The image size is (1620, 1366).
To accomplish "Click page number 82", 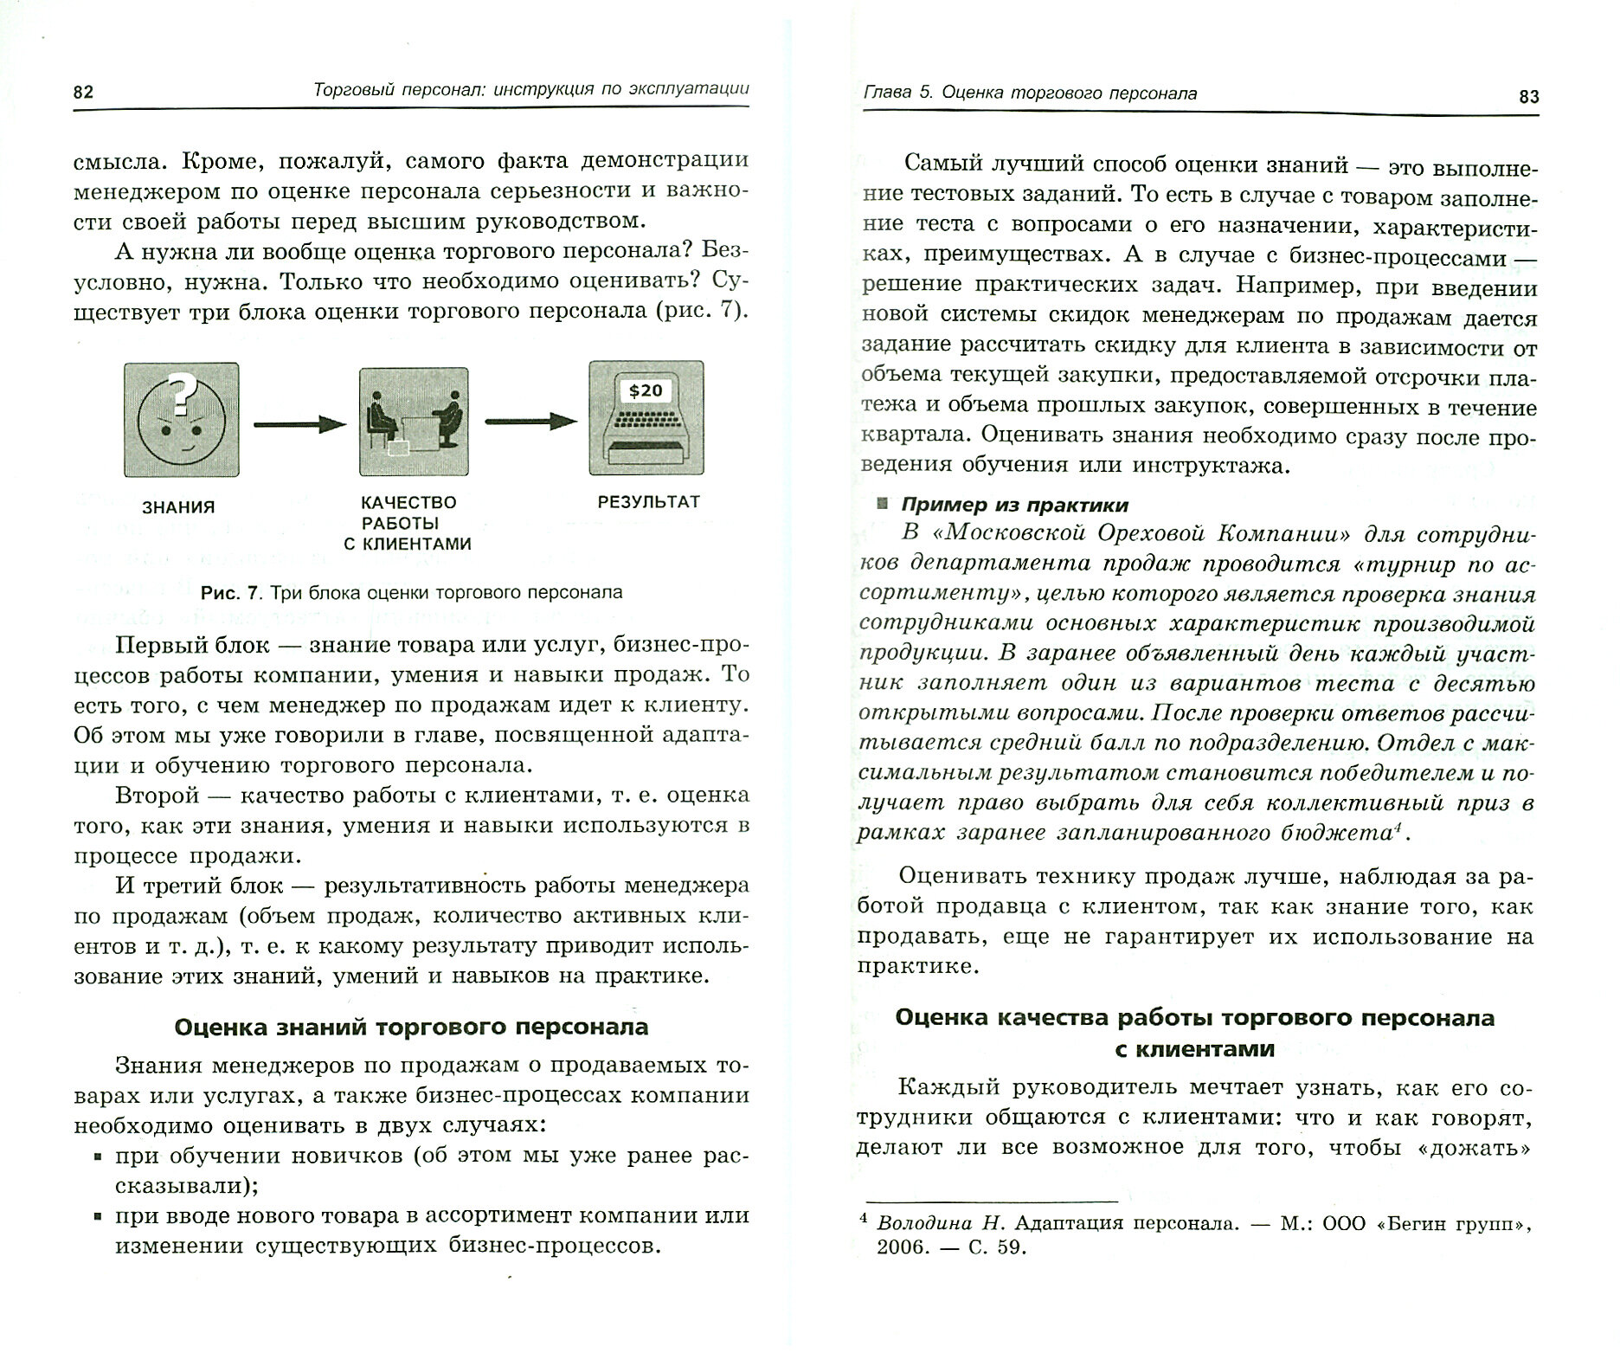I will (x=83, y=93).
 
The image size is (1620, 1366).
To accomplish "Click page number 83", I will (x=1528, y=96).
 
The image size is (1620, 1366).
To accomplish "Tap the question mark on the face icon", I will (x=180, y=393).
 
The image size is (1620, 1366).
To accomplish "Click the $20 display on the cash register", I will (x=646, y=390).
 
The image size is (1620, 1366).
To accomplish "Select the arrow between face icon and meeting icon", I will (x=299, y=424).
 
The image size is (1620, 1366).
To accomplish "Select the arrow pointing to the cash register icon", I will (x=530, y=422).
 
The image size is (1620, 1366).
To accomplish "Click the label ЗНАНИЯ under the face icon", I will (x=178, y=507).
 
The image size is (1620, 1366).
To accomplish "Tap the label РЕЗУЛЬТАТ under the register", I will (x=648, y=501).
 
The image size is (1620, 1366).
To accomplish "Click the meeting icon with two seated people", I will (x=414, y=422).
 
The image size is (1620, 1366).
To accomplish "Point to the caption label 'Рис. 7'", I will (x=228, y=593).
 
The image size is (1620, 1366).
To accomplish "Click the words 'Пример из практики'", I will (x=1014, y=504).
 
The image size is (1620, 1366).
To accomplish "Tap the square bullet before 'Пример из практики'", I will (x=882, y=504).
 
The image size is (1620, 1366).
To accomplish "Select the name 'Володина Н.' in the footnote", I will (x=941, y=1223).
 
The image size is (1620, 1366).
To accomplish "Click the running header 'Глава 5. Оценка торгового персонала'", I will (x=1031, y=93).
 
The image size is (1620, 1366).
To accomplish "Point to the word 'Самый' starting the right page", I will (x=945, y=164).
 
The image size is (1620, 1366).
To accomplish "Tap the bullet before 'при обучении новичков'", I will (x=98, y=1157).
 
